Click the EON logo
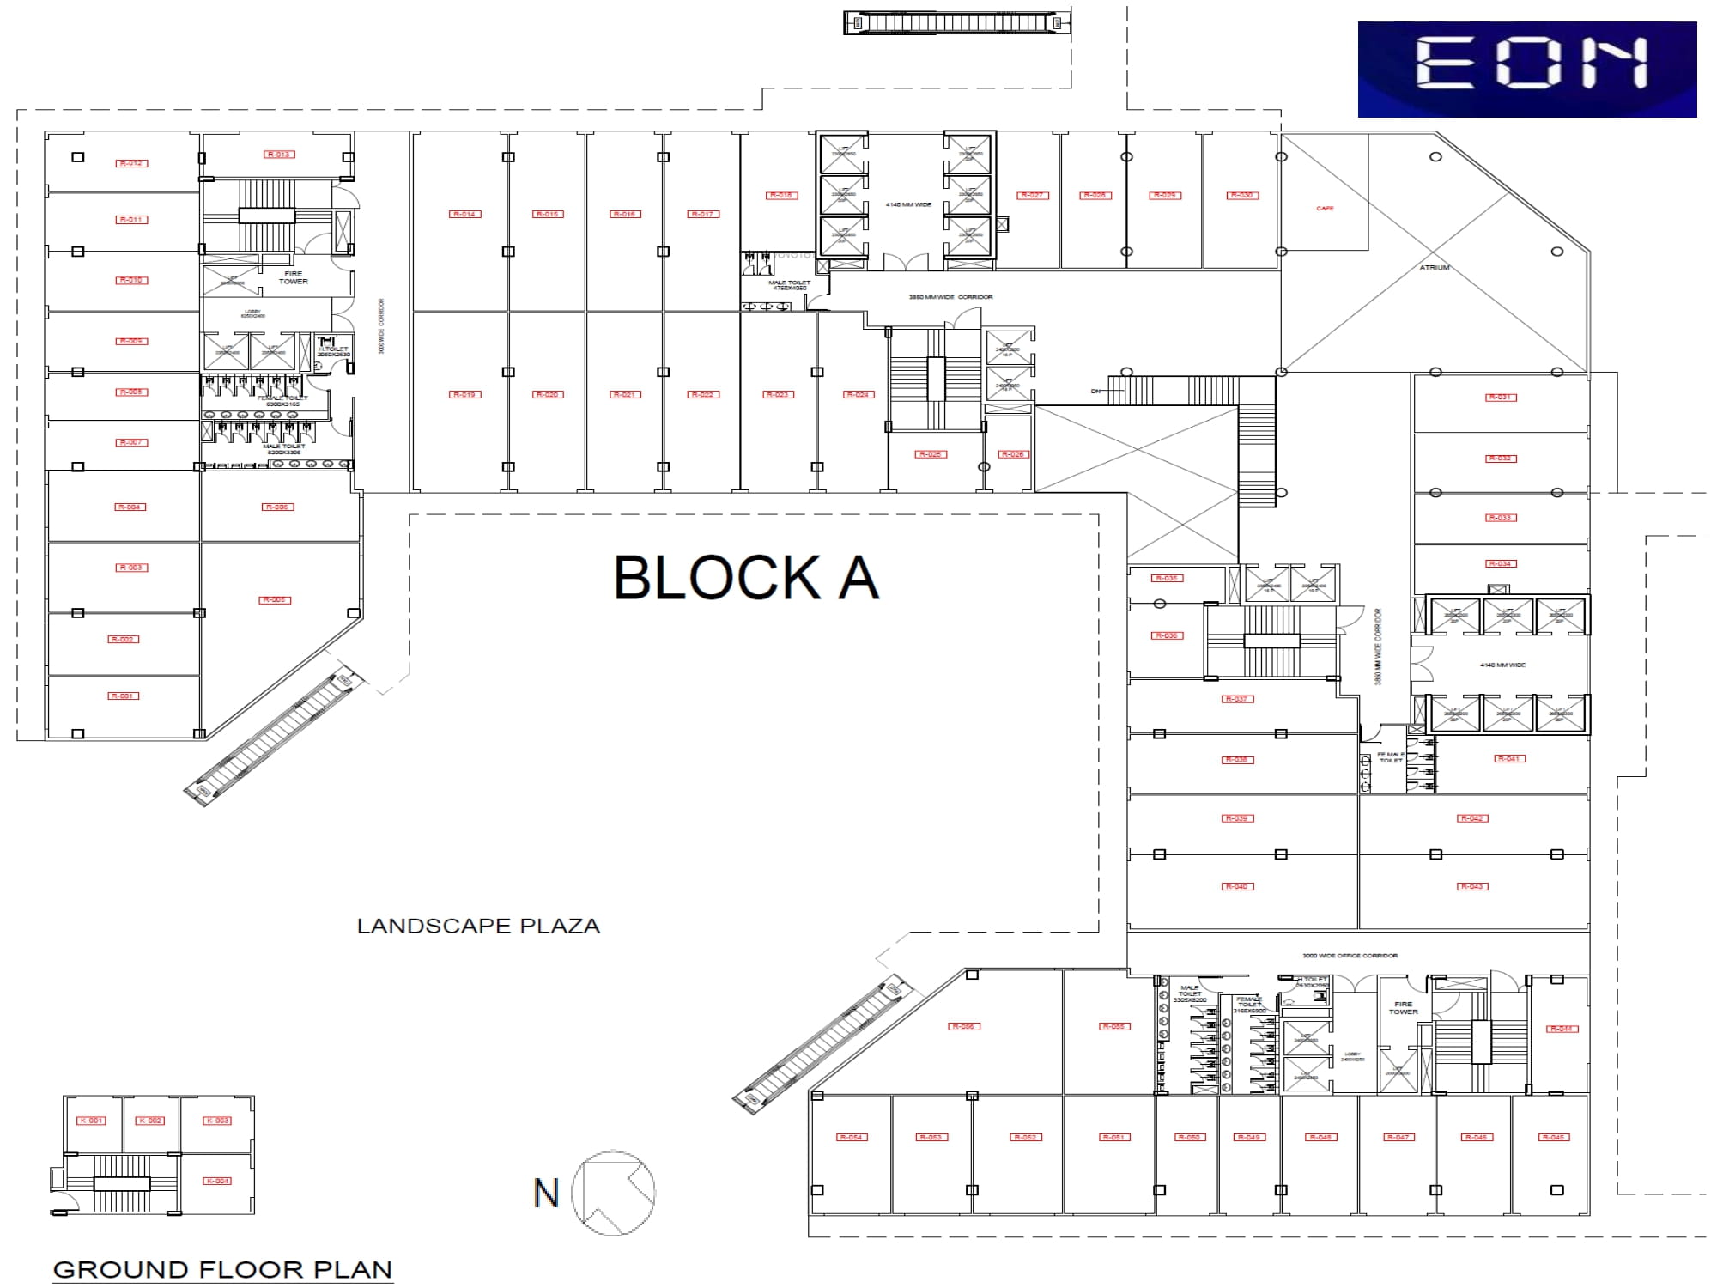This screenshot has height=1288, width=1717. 1526,69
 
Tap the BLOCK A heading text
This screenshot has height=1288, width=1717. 746,578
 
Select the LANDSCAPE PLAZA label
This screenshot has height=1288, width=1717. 478,927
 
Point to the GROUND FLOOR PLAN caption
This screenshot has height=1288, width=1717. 222,1269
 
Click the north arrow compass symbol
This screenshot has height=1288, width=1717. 613,1193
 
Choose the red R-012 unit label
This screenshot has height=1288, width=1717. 131,163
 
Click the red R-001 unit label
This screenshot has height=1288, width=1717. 123,696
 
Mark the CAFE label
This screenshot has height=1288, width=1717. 1325,209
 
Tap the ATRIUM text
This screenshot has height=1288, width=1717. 1434,268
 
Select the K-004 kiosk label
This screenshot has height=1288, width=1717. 217,1181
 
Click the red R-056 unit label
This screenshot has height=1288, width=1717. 963,1026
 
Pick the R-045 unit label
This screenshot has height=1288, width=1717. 1553,1137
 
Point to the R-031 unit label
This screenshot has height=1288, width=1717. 1500,397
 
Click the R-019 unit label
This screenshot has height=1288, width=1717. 464,395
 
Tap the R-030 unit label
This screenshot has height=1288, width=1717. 1242,196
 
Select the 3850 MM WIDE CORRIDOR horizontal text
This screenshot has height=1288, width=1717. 950,297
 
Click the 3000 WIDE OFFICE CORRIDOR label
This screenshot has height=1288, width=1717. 1350,956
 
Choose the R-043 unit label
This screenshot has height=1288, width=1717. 1471,886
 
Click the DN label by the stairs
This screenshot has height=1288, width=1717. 1095,392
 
